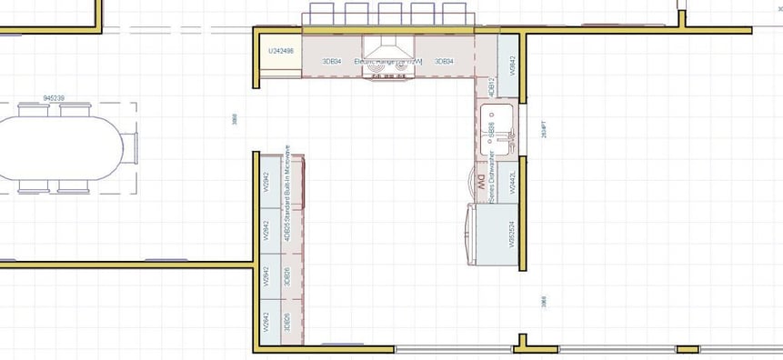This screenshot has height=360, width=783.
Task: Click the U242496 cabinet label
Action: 281,51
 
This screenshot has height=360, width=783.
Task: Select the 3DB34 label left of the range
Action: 332,61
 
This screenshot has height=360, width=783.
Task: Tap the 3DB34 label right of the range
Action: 444,61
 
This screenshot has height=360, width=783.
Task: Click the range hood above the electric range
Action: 389,47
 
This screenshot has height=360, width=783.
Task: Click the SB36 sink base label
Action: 492,129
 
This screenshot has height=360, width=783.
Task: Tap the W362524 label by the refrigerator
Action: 513,234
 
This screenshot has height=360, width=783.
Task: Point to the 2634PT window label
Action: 544,130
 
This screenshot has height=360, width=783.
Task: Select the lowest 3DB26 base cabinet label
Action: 286,319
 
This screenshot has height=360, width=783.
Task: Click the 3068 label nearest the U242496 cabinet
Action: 235,119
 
